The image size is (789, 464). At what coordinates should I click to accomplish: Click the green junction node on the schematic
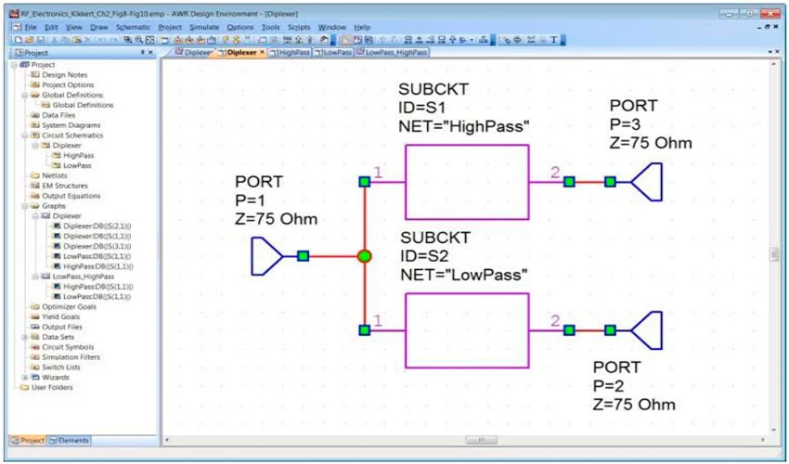[365, 256]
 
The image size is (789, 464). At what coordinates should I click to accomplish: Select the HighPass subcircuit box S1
[466, 182]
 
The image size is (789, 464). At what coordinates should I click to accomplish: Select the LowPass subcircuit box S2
[466, 329]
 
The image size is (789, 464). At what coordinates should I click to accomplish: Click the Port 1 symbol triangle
[266, 256]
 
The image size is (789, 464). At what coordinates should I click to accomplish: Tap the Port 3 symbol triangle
[648, 182]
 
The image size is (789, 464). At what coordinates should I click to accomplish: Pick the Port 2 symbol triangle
[648, 329]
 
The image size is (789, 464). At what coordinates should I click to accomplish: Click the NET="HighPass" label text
[463, 125]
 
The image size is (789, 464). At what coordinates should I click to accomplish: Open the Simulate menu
[204, 28]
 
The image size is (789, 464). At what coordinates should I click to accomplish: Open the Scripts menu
[299, 28]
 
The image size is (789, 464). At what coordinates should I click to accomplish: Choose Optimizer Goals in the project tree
[69, 306]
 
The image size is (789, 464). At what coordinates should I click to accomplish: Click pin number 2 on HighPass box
[555, 173]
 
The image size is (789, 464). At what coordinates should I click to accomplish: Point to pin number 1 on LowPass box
[378, 321]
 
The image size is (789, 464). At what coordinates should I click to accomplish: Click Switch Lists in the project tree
[62, 367]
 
